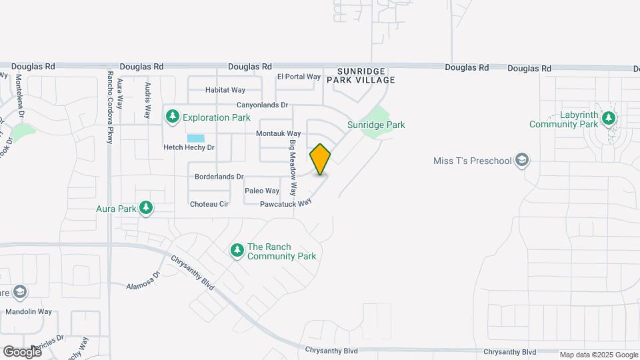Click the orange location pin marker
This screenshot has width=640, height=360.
(320, 159)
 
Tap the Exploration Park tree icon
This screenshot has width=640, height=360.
(173, 117)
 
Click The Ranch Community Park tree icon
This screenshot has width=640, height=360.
(237, 251)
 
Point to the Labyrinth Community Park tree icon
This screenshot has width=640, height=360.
(608, 119)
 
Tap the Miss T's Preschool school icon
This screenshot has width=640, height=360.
(523, 161)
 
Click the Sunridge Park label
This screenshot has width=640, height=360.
(376, 125)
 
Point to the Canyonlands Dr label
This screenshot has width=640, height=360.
(262, 105)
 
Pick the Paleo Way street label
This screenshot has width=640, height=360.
(262, 191)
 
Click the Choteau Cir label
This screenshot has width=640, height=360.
(209, 204)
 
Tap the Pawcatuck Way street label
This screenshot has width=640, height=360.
(286, 203)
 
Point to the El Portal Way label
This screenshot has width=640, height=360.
(299, 77)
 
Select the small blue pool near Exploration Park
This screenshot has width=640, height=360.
(195, 137)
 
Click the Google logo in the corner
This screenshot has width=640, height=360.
(22, 351)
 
